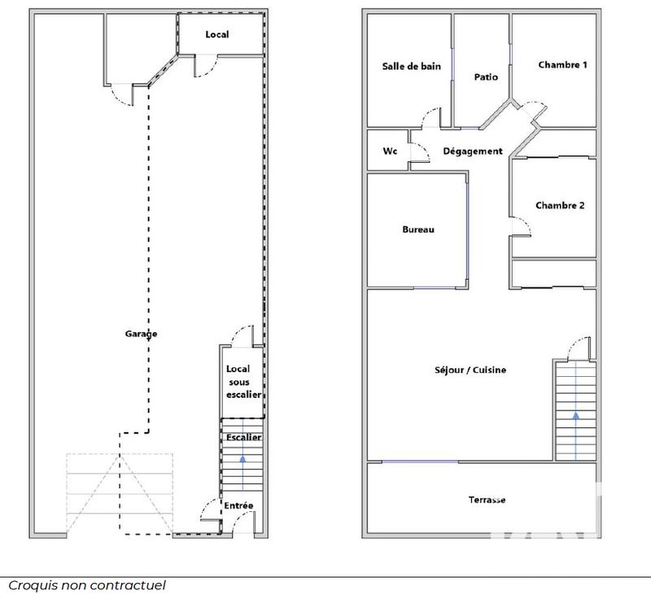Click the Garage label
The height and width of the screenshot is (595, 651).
141,334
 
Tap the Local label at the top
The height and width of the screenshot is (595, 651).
217,34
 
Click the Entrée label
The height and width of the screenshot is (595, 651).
239,505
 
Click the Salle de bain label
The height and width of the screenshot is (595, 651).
412,66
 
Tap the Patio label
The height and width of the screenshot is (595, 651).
486,77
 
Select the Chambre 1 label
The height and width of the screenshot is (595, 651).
562,65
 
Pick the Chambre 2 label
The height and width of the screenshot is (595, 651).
560,205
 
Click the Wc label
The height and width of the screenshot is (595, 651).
391,151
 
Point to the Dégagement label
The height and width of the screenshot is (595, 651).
473,151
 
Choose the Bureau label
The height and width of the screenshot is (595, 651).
418,230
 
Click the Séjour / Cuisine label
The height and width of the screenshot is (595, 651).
470,370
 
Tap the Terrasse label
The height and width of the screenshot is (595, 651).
487,500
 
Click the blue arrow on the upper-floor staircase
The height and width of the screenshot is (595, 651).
576,415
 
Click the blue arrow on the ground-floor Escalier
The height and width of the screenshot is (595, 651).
242,461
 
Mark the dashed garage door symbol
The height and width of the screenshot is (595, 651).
120,493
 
